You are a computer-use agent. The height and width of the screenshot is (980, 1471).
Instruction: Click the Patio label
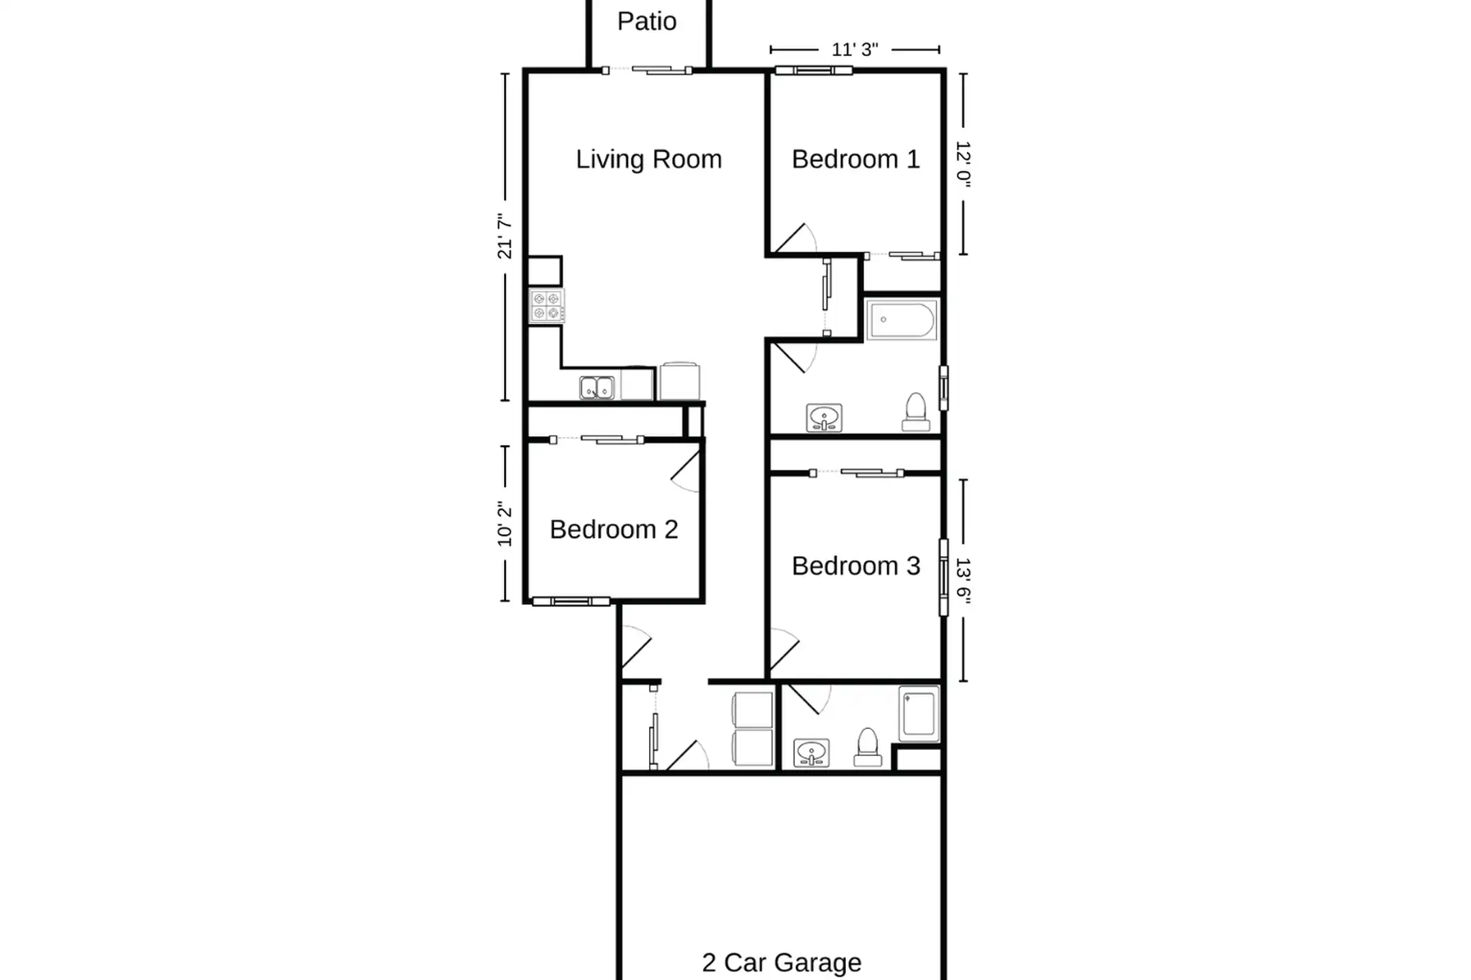tap(646, 21)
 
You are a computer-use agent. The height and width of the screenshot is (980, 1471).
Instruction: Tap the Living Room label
tap(648, 159)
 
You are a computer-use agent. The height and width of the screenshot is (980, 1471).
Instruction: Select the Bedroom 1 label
tap(855, 159)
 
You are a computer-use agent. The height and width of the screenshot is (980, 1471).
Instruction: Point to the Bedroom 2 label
tap(614, 529)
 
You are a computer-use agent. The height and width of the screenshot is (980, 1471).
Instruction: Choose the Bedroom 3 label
tap(855, 566)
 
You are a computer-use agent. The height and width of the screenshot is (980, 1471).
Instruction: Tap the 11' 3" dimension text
tap(855, 50)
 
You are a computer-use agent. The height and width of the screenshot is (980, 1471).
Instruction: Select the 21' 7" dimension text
tap(505, 236)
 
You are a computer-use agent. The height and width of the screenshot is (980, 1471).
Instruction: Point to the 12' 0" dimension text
tap(963, 164)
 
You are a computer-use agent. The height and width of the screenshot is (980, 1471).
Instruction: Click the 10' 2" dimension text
tap(505, 524)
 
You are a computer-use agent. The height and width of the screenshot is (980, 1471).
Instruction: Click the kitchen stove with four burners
tap(547, 306)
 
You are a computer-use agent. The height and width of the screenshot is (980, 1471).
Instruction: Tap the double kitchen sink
tap(597, 388)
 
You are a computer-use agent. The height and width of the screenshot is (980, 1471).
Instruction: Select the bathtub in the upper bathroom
tap(902, 319)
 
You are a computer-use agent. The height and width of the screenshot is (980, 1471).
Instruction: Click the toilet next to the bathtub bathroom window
tap(916, 412)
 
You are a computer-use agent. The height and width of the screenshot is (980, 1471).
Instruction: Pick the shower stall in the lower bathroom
tap(919, 713)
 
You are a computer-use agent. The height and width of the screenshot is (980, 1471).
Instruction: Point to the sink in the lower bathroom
tap(811, 753)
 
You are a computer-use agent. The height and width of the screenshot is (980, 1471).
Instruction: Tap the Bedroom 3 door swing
tap(785, 650)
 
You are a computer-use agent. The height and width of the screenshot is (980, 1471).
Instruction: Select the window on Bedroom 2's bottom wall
tap(571, 602)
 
